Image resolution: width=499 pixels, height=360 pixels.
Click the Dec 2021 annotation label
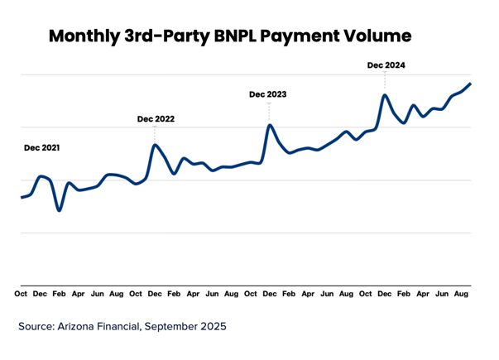click(42, 148)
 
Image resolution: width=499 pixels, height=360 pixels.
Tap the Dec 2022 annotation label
click(156, 119)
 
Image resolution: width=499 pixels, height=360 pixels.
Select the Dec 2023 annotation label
click(267, 95)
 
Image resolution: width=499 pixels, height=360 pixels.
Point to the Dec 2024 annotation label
click(386, 65)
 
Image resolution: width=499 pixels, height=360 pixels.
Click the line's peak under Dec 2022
click(155, 146)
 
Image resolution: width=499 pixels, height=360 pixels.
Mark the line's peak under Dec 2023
click(269, 125)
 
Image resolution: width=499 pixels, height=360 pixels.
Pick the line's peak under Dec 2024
click(385, 95)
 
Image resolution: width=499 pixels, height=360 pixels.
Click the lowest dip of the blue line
click(59, 210)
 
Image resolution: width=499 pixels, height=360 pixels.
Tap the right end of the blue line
click(470, 84)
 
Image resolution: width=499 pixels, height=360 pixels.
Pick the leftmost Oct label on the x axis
click(21, 294)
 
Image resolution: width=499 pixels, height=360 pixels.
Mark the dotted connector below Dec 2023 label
click(268, 112)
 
